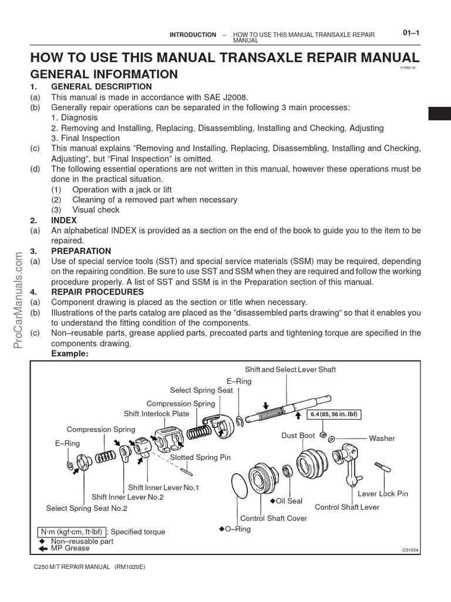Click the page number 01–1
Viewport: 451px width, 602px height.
(410, 34)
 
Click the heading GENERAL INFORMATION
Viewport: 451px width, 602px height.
(103, 74)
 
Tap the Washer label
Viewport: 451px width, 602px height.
(382, 438)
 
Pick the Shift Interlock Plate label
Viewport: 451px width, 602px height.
(156, 413)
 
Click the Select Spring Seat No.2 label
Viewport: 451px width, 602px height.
(87, 508)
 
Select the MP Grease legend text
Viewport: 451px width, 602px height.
(70, 548)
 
